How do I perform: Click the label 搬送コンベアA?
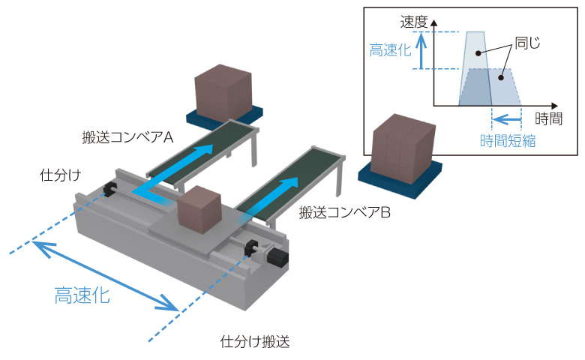point(127,138)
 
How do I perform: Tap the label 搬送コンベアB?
point(345,213)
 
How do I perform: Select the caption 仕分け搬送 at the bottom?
point(255,342)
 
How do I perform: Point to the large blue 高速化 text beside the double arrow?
point(82,295)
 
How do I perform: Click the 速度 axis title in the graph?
point(414,22)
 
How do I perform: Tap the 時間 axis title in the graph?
point(548,118)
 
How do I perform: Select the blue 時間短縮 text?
point(508,141)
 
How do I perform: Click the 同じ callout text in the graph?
point(527,43)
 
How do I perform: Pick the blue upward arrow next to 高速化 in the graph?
point(421,50)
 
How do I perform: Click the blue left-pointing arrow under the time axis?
point(507,120)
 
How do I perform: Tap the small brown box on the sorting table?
point(200,210)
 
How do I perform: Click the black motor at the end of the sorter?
point(277,257)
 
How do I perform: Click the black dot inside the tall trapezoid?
point(478,53)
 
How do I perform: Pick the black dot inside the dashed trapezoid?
point(501,77)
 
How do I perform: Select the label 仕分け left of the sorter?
point(61,175)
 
